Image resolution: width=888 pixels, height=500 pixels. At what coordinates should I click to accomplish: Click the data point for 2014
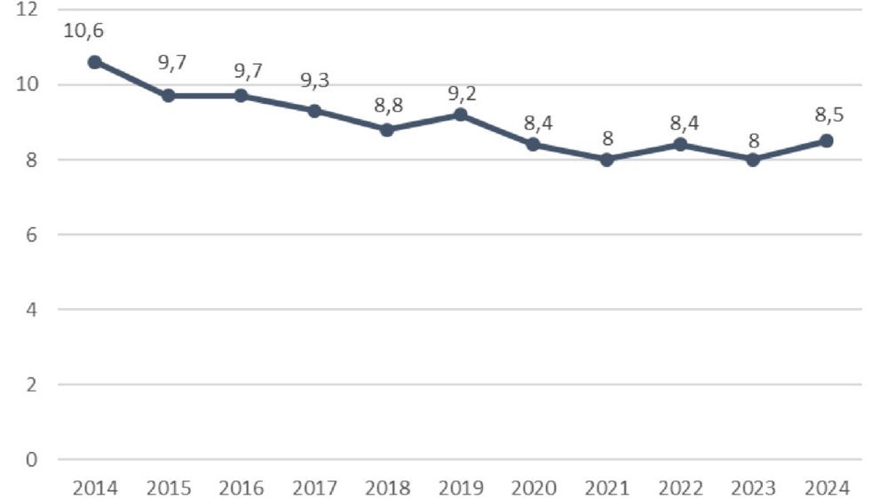[x=94, y=62]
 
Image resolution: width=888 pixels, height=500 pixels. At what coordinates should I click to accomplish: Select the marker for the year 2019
[x=461, y=115]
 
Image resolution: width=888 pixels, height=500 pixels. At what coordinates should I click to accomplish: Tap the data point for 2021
[x=607, y=160]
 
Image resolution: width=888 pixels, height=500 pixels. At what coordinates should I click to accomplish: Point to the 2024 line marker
[x=827, y=140]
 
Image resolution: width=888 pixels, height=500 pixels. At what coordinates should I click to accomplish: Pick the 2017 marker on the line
[x=314, y=111]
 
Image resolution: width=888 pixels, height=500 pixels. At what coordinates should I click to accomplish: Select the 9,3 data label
[x=314, y=81]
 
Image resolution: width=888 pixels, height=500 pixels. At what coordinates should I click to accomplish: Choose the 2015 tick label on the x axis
[x=167, y=488]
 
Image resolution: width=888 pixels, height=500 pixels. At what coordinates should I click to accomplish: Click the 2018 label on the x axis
[x=387, y=488]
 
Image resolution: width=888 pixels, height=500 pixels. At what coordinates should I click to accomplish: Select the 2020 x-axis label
[x=534, y=488]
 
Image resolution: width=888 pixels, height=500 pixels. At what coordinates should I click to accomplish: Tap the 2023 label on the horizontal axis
[x=754, y=488]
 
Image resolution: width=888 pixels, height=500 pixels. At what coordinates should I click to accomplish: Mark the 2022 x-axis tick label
[x=680, y=488]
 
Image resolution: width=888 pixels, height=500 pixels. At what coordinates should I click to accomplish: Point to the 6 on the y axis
[x=31, y=234]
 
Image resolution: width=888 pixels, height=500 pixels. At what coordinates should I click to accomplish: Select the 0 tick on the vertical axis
[x=31, y=459]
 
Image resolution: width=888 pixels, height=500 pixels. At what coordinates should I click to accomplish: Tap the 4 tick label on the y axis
[x=31, y=310]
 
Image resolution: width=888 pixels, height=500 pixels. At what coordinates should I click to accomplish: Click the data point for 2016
[x=241, y=96]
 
